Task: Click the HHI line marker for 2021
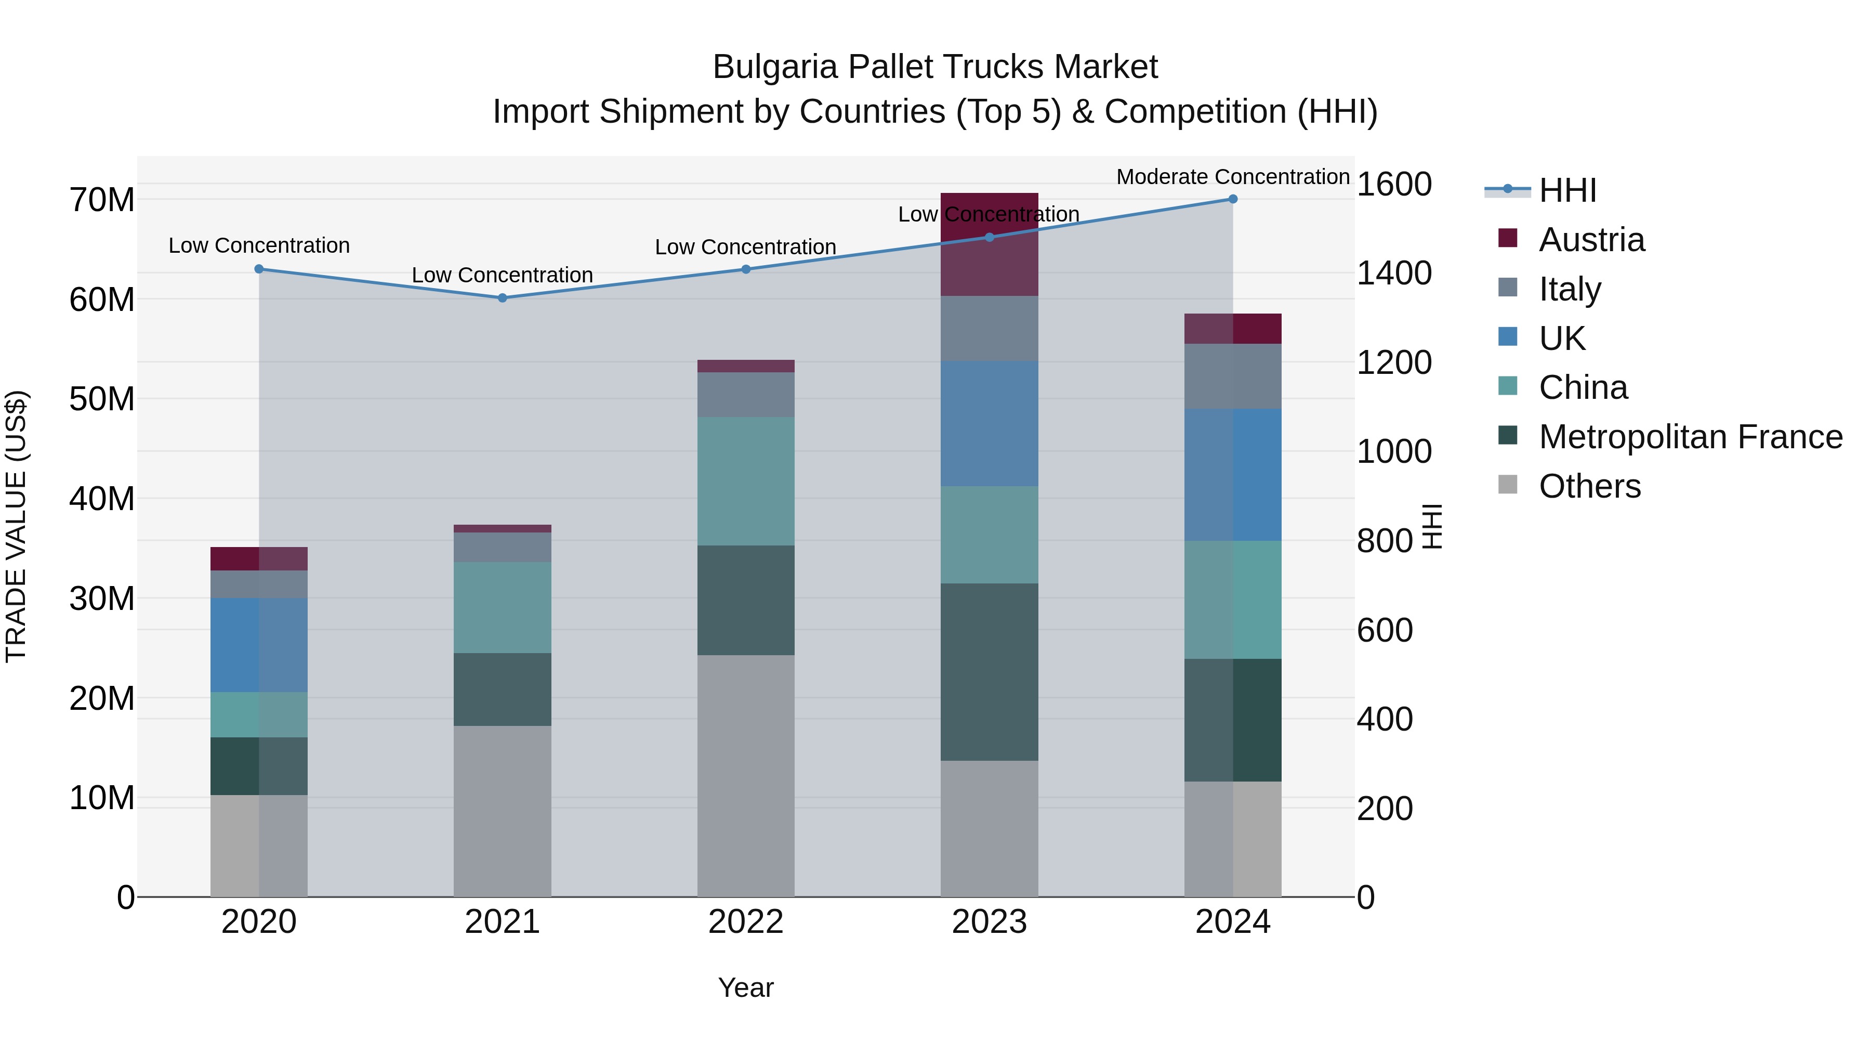(x=502, y=298)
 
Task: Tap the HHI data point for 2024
(x=1233, y=199)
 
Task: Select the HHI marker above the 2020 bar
(x=259, y=269)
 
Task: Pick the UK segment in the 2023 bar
(x=989, y=424)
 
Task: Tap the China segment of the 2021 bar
(x=502, y=607)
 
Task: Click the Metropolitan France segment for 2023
(x=989, y=672)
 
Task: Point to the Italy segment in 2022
(x=746, y=395)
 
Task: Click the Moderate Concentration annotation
(x=1233, y=177)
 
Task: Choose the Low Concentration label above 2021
(x=502, y=276)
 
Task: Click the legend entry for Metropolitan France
(x=1690, y=437)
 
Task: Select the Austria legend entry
(x=1591, y=240)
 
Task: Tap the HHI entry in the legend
(x=1567, y=190)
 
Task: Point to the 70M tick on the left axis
(x=102, y=200)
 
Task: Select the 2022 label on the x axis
(x=746, y=922)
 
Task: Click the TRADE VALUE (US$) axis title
(x=17, y=526)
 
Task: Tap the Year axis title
(x=746, y=987)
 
